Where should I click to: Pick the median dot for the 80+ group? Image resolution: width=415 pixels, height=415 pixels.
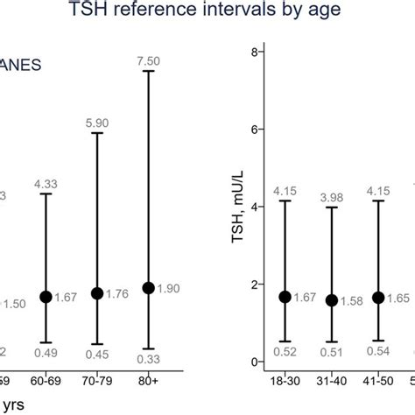149,288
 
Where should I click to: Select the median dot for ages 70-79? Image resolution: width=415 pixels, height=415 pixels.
97,293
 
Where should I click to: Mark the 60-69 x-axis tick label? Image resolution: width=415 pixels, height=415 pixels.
46,383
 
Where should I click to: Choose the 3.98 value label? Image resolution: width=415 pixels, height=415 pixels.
332,195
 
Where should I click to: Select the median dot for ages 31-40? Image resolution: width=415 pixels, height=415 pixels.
332,300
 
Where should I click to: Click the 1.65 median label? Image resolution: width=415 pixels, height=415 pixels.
398,299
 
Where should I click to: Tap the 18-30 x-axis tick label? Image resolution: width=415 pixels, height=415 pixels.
282,383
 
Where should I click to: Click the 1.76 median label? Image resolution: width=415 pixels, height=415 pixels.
117,294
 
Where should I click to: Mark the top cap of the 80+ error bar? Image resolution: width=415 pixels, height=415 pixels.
149,71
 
